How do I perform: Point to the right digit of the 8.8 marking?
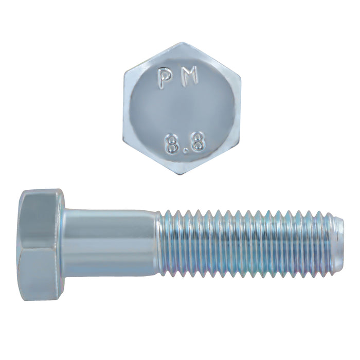coord(198,143)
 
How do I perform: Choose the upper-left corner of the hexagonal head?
coord(124,74)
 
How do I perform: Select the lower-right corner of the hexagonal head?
coord(239,144)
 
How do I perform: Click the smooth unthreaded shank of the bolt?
coord(111,242)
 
